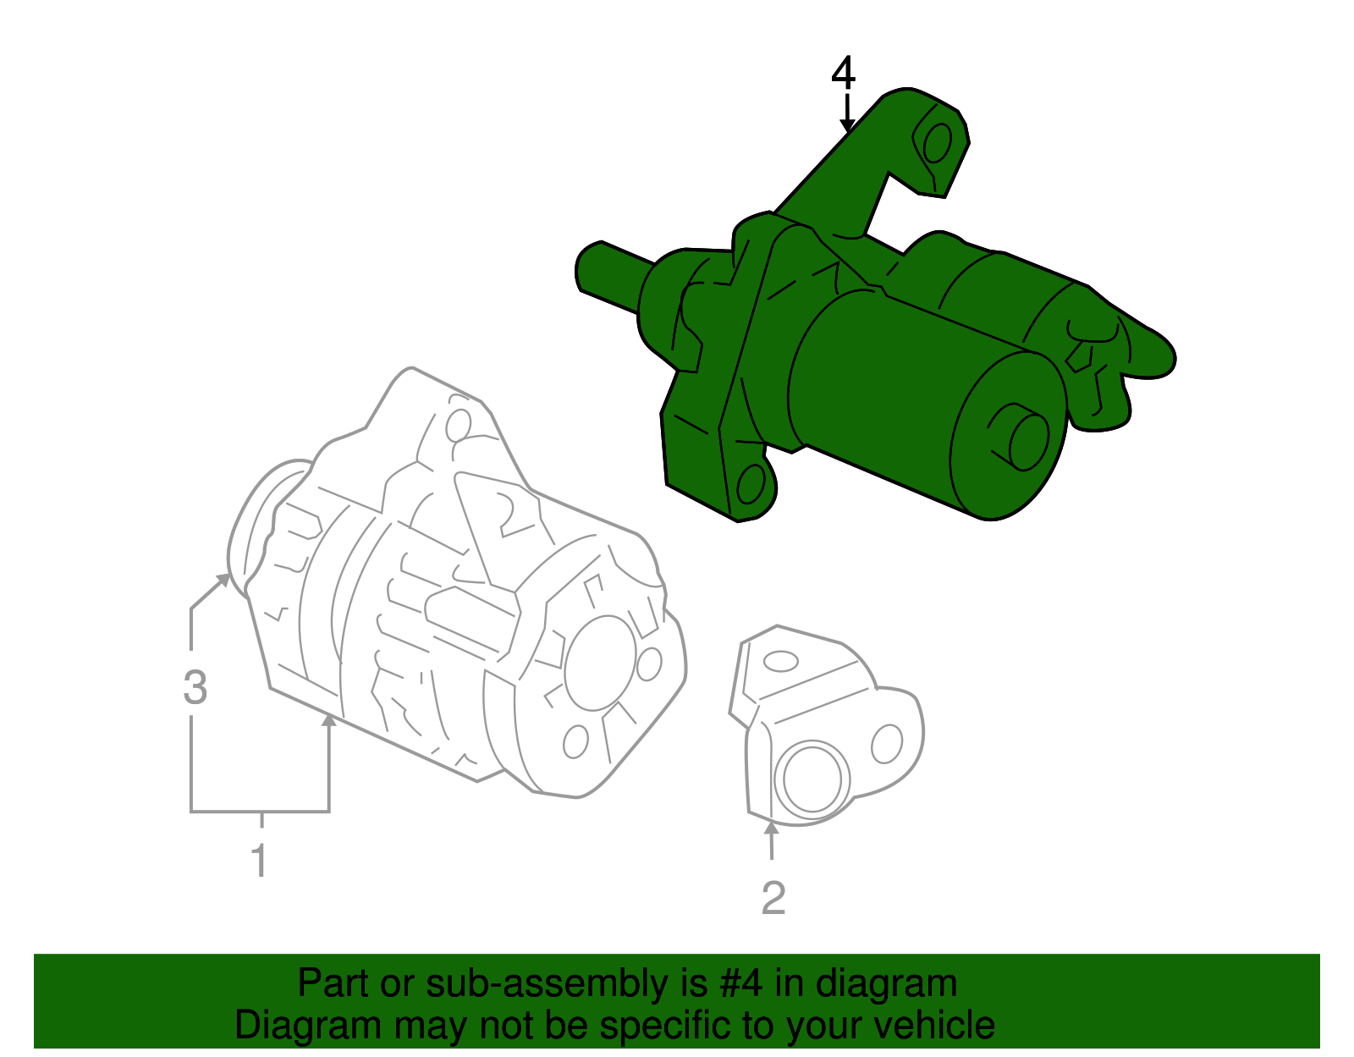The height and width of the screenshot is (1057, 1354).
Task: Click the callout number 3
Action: click(x=195, y=687)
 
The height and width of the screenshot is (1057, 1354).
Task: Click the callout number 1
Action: click(x=260, y=860)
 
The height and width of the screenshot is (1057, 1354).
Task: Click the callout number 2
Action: click(x=773, y=898)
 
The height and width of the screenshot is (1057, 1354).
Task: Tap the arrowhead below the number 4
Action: click(x=846, y=127)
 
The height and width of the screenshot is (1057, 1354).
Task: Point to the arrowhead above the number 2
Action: click(x=771, y=828)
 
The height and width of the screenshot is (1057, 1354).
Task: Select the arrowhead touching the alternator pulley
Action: click(x=224, y=578)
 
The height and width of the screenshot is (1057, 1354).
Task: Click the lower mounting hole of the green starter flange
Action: click(x=751, y=486)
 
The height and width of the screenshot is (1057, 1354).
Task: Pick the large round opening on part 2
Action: click(x=812, y=776)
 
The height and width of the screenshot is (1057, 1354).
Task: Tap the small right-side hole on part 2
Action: click(x=887, y=744)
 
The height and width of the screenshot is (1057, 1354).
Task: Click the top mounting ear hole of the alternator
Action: click(x=458, y=424)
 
